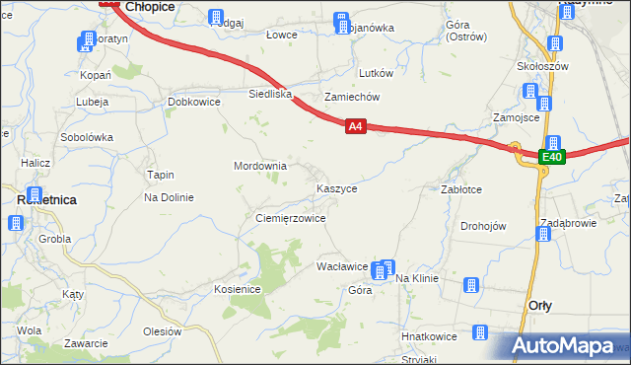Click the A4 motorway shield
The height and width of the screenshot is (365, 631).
356,126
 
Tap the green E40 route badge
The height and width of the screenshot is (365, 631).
552,157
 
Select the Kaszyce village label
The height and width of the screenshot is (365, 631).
336,187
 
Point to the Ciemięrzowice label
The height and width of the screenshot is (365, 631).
290,218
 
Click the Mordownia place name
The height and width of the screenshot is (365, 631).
259,166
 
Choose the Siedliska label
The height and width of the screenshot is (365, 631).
270,95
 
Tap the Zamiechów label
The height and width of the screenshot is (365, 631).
352,97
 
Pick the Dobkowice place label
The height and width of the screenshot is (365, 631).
193,102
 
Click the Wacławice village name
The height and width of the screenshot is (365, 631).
341,267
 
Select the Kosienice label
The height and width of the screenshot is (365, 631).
237,289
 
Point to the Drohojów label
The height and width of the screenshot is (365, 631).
483,226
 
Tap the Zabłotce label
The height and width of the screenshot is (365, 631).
460,188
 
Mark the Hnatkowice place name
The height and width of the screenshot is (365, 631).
429,336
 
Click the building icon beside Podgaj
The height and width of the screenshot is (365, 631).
216,17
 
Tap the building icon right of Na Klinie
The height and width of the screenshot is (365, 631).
470,285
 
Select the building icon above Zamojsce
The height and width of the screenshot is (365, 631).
531,92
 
